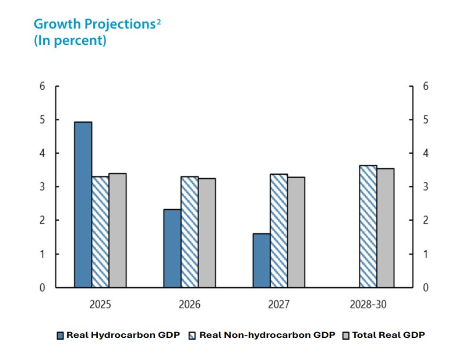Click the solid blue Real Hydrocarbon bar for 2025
83,204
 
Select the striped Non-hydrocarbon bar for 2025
100,232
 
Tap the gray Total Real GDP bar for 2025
118,230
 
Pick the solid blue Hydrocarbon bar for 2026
172,248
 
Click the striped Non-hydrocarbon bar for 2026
189,232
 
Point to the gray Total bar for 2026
207,233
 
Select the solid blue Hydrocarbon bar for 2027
261,260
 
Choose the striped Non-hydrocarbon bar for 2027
278,231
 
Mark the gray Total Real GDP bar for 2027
296,232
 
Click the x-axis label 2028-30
369,305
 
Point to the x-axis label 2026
190,305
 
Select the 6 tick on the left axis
41,86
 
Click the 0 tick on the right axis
426,288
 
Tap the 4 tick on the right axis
426,153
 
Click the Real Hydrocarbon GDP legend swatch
60,336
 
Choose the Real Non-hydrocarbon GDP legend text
267,335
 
